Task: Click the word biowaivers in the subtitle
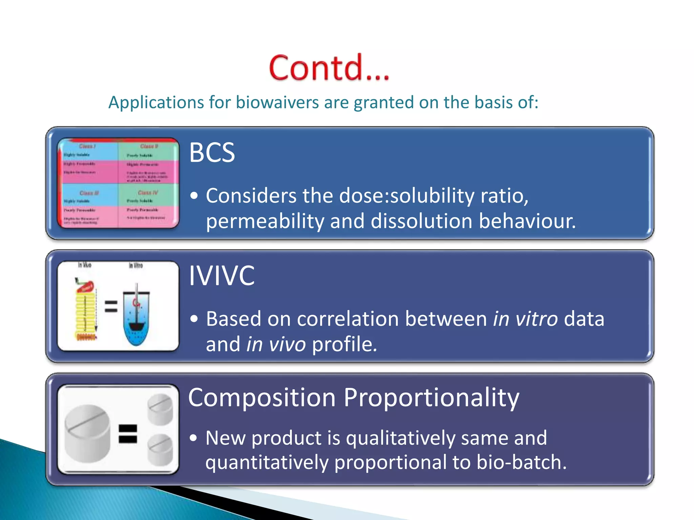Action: (x=277, y=102)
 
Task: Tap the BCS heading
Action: (x=212, y=153)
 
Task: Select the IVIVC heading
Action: (x=222, y=276)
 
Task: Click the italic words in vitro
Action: (x=525, y=319)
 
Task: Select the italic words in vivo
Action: (x=276, y=344)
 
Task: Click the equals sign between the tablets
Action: (x=128, y=434)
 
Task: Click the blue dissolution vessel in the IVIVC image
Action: (x=136, y=318)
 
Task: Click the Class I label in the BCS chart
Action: (x=87, y=146)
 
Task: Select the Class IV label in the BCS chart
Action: (x=148, y=193)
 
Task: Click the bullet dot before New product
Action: (x=193, y=438)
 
